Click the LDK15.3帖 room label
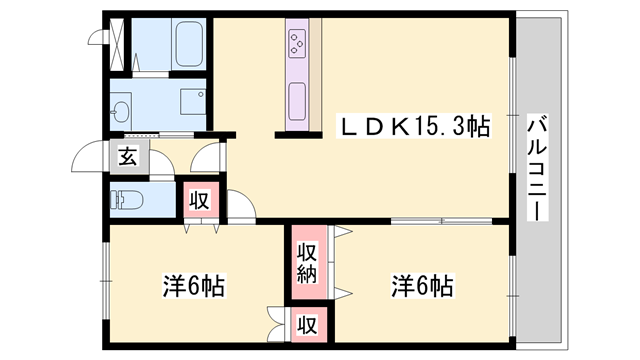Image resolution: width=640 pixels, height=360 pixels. (x=416, y=127)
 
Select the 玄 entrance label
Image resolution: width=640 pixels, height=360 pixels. (x=129, y=158)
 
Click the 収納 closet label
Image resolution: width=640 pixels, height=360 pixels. (x=307, y=262)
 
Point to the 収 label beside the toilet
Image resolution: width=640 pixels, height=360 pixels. (x=198, y=199)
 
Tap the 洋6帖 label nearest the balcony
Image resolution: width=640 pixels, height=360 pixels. (x=422, y=286)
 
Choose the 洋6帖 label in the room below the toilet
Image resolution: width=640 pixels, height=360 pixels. (x=193, y=286)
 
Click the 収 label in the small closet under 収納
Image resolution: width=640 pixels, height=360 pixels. (x=307, y=325)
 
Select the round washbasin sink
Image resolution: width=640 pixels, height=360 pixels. (x=121, y=110)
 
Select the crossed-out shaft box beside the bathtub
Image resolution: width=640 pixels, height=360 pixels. (x=118, y=41)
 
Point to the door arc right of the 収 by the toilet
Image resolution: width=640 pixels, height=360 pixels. (x=240, y=202)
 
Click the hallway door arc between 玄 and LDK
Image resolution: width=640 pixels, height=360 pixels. (x=208, y=158)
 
